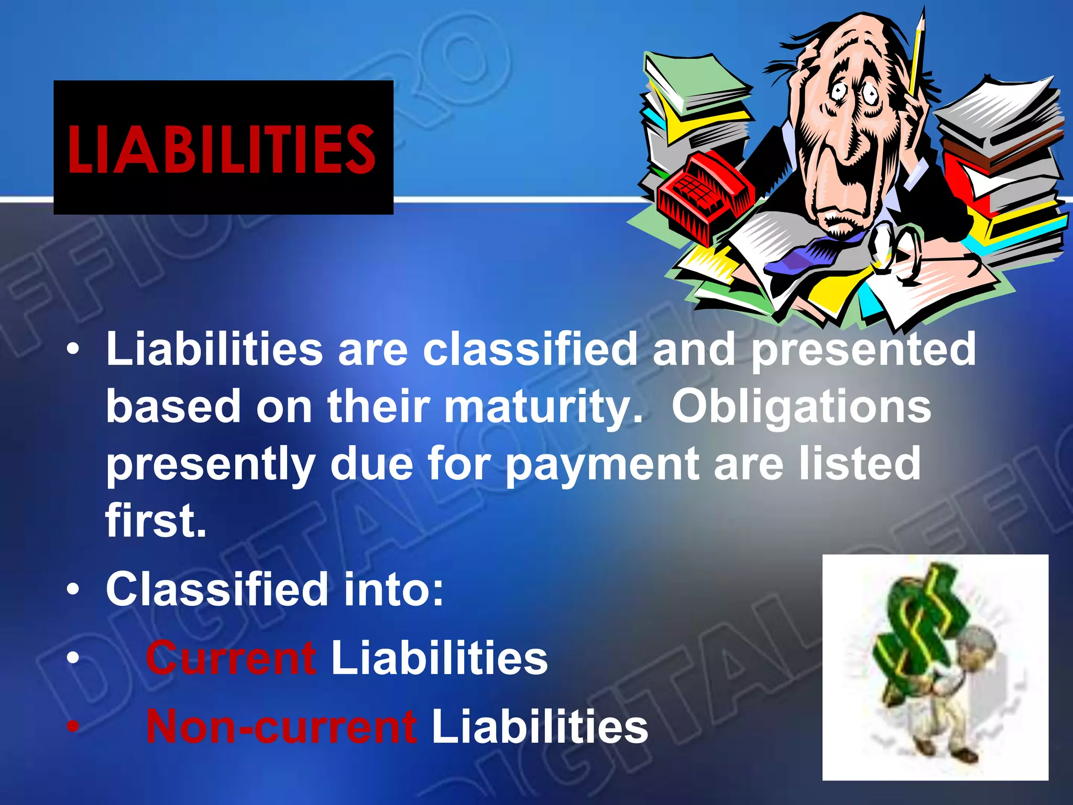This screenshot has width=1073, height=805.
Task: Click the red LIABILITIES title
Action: pyautogui.click(x=222, y=149)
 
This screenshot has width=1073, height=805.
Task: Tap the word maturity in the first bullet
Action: pyautogui.click(x=543, y=407)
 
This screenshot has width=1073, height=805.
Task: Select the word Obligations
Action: pyautogui.click(x=801, y=407)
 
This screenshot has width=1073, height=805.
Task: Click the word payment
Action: pyautogui.click(x=602, y=464)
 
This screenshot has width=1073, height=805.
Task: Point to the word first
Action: pyautogui.click(x=156, y=520)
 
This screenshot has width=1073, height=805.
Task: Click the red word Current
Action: pyautogui.click(x=231, y=658)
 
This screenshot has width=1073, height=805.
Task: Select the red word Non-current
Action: pyautogui.click(x=281, y=726)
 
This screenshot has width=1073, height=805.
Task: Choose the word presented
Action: pyautogui.click(x=863, y=349)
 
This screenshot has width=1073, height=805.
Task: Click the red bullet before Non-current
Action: pyautogui.click(x=73, y=726)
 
